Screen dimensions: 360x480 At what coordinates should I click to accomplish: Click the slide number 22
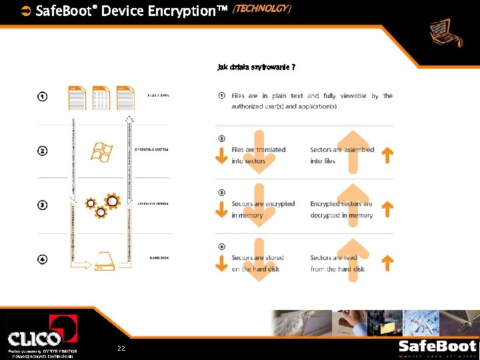(121, 349)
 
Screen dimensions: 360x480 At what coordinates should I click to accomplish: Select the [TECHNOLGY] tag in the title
(261, 8)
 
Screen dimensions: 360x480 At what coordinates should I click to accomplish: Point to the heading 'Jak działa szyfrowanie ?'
(257, 67)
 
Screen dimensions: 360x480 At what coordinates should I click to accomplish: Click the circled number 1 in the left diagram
(42, 97)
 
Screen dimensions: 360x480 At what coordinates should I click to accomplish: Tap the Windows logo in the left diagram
(101, 152)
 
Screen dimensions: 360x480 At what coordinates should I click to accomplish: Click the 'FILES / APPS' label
(158, 95)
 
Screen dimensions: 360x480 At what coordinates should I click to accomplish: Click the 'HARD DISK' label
(159, 257)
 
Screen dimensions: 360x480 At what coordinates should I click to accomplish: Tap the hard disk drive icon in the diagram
(105, 263)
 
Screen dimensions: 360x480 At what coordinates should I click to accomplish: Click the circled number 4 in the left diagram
(42, 259)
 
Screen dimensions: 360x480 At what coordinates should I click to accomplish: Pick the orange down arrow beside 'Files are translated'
(221, 155)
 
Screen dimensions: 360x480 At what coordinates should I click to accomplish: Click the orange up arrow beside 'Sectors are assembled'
(387, 155)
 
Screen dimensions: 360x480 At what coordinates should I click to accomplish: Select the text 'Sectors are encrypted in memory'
(263, 209)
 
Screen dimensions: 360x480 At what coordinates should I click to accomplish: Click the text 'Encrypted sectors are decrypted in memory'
(341, 209)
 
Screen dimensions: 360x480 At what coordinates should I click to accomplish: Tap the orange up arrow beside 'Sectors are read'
(387, 263)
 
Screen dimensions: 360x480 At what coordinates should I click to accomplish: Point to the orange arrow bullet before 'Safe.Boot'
(26, 10)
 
